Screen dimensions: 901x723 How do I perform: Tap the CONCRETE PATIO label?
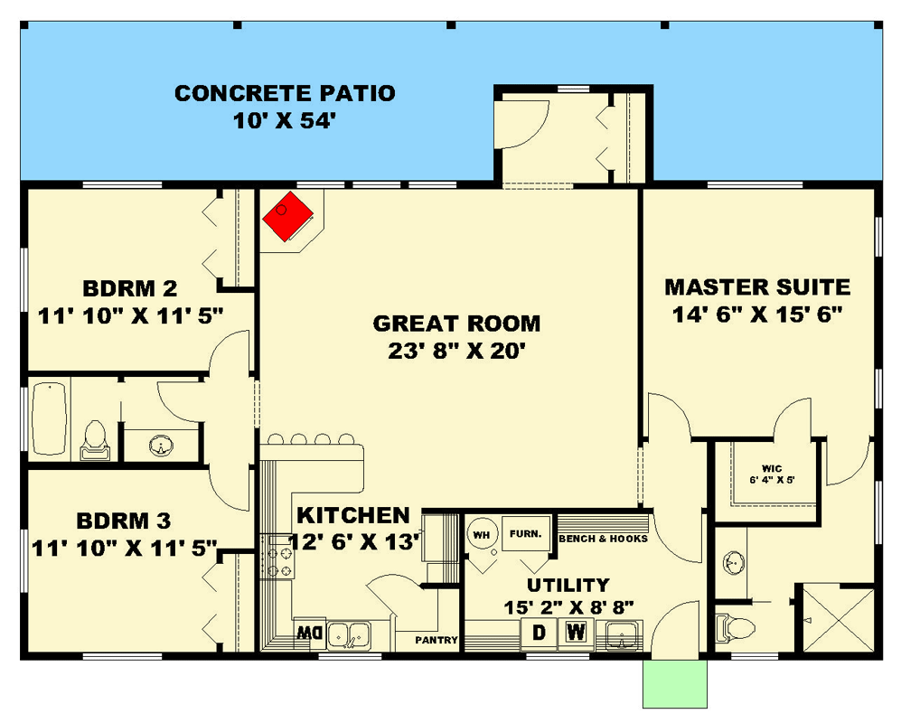(285, 93)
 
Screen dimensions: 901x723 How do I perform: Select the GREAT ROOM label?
(456, 324)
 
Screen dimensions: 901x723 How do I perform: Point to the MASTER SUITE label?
(757, 286)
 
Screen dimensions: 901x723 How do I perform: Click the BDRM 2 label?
(130, 288)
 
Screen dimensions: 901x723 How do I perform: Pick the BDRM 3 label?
(124, 521)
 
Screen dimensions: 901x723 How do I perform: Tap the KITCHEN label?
(352, 515)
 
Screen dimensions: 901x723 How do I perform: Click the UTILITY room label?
(568, 585)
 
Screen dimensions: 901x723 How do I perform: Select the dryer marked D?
(539, 633)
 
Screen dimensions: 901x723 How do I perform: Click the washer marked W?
(576, 633)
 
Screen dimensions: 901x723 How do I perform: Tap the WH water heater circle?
(482, 535)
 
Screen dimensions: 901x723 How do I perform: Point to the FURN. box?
(526, 534)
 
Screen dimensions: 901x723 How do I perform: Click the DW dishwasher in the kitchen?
(310, 634)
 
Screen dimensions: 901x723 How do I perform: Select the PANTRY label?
(436, 640)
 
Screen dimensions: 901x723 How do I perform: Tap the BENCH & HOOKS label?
(603, 539)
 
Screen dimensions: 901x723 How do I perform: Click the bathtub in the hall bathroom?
(50, 418)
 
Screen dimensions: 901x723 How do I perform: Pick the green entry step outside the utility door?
(674, 684)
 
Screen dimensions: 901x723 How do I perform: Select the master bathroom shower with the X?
(839, 618)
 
